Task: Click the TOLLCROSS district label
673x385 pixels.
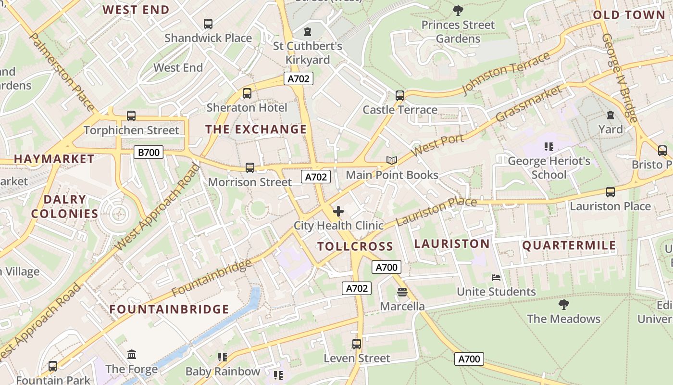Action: click(355, 246)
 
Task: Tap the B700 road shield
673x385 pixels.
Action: click(149, 153)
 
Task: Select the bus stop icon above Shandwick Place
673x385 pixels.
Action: click(208, 24)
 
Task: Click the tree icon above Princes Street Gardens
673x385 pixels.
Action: click(458, 10)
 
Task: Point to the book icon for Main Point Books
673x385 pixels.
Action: click(392, 160)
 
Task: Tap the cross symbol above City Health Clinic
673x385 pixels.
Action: click(338, 211)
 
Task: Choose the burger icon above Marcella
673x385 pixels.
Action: click(402, 292)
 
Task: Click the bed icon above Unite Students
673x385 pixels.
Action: click(496, 277)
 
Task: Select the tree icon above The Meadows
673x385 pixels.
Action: click(563, 304)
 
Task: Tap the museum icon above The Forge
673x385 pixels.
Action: click(132, 355)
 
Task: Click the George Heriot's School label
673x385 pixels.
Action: click(549, 167)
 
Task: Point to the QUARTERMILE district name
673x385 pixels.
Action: click(569, 245)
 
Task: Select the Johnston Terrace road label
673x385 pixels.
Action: click(506, 74)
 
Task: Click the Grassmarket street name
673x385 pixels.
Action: click(529, 103)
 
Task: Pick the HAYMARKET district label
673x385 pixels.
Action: click(54, 159)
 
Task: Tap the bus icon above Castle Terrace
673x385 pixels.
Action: click(400, 95)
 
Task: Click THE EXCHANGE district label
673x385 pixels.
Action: click(256, 129)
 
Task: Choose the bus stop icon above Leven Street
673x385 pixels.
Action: click(357, 344)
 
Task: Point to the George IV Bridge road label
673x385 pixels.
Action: click(620, 77)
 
